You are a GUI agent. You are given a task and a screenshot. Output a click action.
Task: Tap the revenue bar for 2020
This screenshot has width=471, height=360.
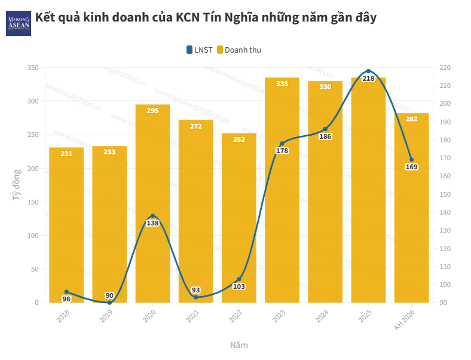pyautogui.click(x=152, y=203)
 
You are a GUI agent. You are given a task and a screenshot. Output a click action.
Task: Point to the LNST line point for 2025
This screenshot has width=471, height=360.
pyautogui.click(x=368, y=71)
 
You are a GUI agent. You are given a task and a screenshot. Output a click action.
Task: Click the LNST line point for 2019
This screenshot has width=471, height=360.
pyautogui.click(x=109, y=303)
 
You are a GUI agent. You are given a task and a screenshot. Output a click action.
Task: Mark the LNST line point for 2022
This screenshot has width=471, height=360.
pyautogui.click(x=239, y=279)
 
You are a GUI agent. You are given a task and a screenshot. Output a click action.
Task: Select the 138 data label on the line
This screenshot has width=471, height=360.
pyautogui.click(x=152, y=223)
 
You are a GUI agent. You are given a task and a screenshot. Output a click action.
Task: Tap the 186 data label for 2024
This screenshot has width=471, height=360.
pyautogui.click(x=325, y=136)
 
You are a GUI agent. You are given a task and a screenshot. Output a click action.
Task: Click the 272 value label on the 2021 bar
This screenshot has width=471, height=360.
pyautogui.click(x=195, y=126)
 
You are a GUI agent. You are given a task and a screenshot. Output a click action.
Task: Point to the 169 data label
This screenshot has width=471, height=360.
pyautogui.click(x=411, y=167)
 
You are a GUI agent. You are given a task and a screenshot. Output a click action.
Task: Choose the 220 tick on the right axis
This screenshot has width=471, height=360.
pyautogui.click(x=445, y=68)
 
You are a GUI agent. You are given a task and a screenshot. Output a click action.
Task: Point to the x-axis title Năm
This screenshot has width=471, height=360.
pyautogui.click(x=238, y=346)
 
